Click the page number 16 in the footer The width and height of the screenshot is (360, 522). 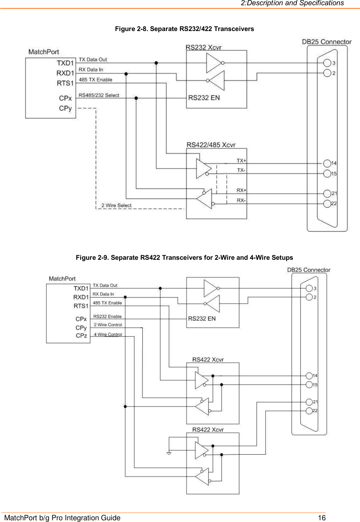pyautogui.click(x=321, y=517)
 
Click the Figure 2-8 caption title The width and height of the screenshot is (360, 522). pyautogui.click(x=184, y=29)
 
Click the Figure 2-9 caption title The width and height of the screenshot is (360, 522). pyautogui.click(x=184, y=258)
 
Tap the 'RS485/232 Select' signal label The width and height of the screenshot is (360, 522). pyautogui.click(x=99, y=95)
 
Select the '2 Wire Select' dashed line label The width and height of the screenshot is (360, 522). pyautogui.click(x=116, y=205)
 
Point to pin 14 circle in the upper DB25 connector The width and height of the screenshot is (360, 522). pyautogui.click(x=327, y=163)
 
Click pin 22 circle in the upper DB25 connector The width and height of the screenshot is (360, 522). pyautogui.click(x=327, y=204)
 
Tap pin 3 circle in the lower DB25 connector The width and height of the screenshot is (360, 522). pyautogui.click(x=309, y=288)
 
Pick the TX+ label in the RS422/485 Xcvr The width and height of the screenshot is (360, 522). pyautogui.click(x=241, y=161)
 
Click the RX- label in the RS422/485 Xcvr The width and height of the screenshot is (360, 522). pyautogui.click(x=241, y=201)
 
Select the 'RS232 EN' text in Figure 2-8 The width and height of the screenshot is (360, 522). pyautogui.click(x=204, y=98)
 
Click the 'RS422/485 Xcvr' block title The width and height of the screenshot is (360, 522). pyautogui.click(x=211, y=145)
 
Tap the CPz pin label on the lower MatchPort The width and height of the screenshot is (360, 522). pyautogui.click(x=81, y=336)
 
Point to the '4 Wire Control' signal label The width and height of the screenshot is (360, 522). pyautogui.click(x=108, y=334)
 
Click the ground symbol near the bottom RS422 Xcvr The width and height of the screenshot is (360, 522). pyautogui.click(x=169, y=453)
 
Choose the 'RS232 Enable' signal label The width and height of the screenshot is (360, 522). pyautogui.click(x=107, y=317)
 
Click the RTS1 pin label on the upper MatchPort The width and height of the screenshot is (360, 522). pyautogui.click(x=65, y=83)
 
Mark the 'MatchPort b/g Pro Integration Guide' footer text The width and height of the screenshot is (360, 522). pyautogui.click(x=62, y=518)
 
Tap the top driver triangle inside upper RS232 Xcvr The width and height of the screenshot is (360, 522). pyautogui.click(x=214, y=63)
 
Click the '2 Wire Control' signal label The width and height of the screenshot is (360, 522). pyautogui.click(x=108, y=325)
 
